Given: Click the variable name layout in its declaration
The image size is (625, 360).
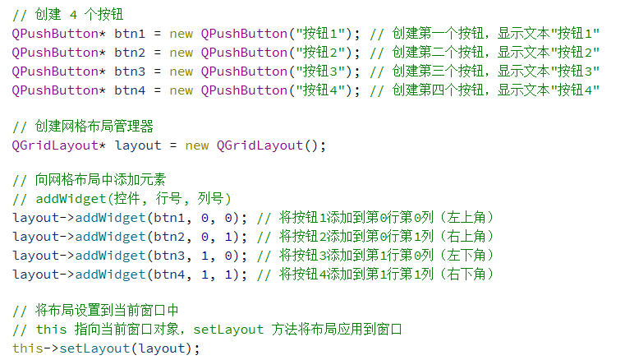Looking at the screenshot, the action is point(137,146).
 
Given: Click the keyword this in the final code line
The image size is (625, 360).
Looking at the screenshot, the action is point(27,348).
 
